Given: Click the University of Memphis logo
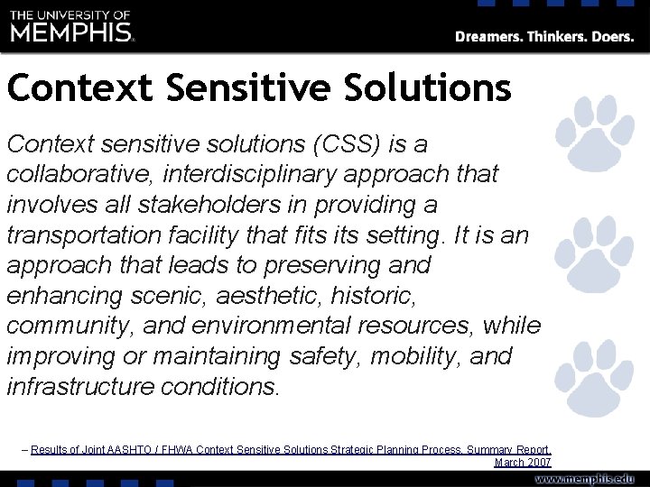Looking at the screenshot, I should pos(72,26).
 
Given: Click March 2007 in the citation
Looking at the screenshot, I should pos(523,462).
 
